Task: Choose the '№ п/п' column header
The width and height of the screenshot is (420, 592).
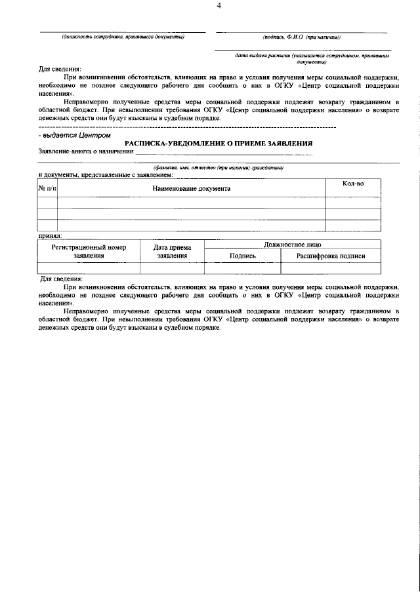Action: pos(47,188)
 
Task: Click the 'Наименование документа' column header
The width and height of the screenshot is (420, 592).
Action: pos(191,188)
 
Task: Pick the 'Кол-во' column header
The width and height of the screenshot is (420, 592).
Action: pos(353,184)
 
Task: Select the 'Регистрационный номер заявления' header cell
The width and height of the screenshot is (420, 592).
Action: pos(89,251)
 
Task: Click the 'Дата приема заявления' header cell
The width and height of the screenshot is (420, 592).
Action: pos(172,251)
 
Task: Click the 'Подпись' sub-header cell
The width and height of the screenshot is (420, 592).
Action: pos(242,256)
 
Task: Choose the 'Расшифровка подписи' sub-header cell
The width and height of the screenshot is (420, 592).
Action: pos(331,256)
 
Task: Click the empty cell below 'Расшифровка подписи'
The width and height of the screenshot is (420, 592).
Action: pos(331,267)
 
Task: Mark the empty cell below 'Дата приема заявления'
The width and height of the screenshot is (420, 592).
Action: pos(172,267)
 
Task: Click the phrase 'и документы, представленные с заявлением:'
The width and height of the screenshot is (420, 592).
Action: pos(106,175)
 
